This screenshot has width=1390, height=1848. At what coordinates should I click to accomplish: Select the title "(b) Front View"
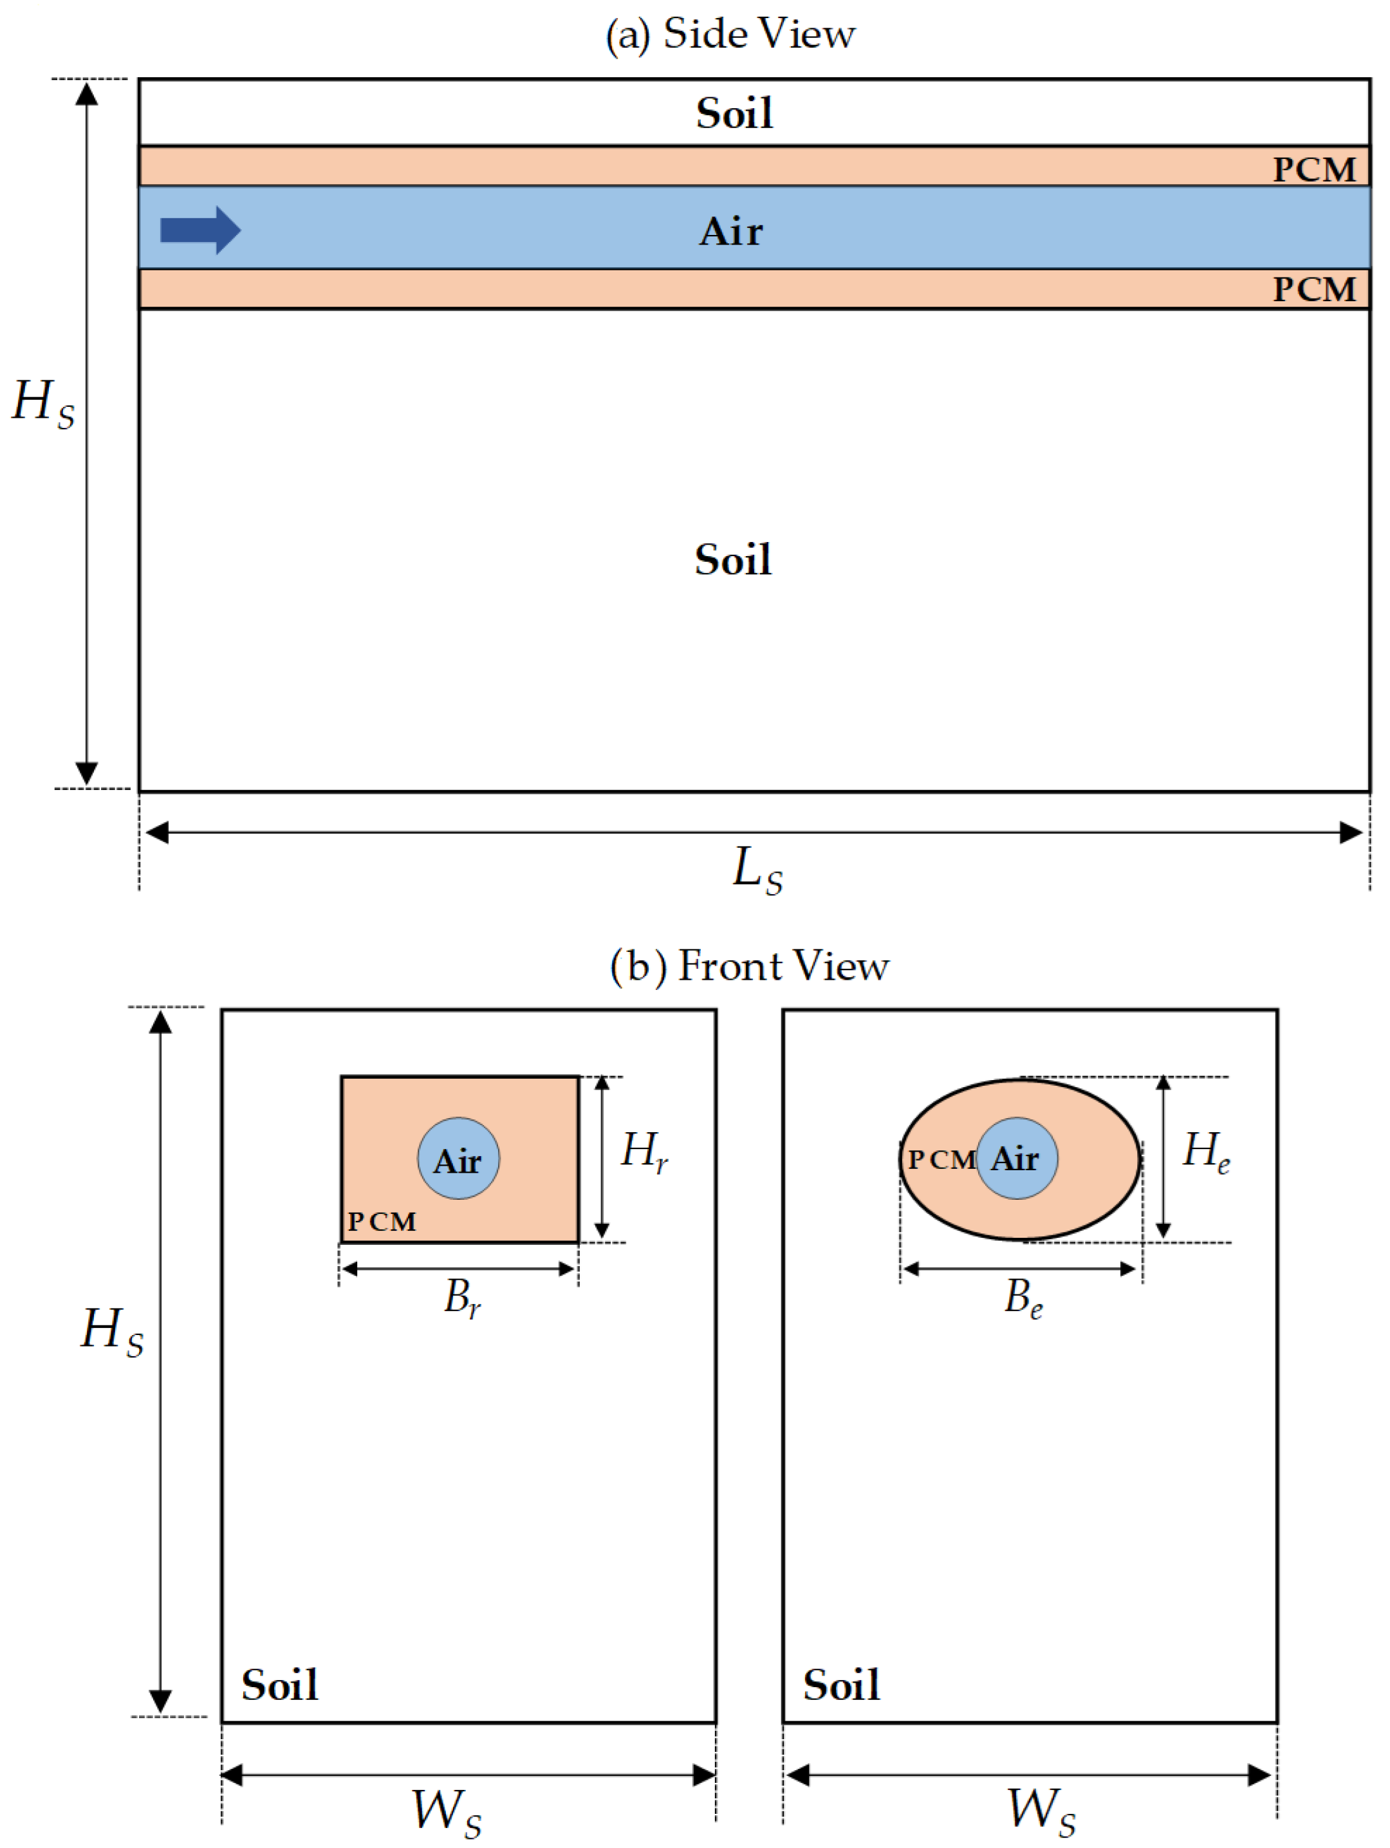tap(749, 967)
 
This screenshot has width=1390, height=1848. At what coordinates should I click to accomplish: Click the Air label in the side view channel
tap(731, 232)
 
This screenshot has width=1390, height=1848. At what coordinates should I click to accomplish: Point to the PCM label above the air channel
tap(1314, 169)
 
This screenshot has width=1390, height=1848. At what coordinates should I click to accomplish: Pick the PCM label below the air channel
tap(1314, 290)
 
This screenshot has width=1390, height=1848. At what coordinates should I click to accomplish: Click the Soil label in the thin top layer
tap(734, 114)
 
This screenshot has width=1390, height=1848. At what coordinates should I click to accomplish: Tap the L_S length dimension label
tap(757, 870)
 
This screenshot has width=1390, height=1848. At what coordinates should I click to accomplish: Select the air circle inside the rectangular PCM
tap(459, 1159)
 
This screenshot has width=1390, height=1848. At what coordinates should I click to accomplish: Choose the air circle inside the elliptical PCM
tap(1017, 1159)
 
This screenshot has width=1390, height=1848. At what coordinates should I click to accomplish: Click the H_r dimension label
tap(644, 1152)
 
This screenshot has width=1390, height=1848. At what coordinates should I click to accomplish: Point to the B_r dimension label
tap(462, 1298)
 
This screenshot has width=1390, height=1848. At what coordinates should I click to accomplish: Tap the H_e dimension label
tap(1206, 1152)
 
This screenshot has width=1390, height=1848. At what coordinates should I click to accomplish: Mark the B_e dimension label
tap(1023, 1298)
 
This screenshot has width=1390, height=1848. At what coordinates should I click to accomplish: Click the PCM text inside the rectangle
tap(382, 1222)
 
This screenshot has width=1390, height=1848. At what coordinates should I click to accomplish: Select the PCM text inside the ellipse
tap(941, 1160)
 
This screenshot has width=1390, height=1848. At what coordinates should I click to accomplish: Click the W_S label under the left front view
tap(447, 1811)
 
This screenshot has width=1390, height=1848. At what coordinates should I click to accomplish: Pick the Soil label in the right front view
tap(841, 1685)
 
